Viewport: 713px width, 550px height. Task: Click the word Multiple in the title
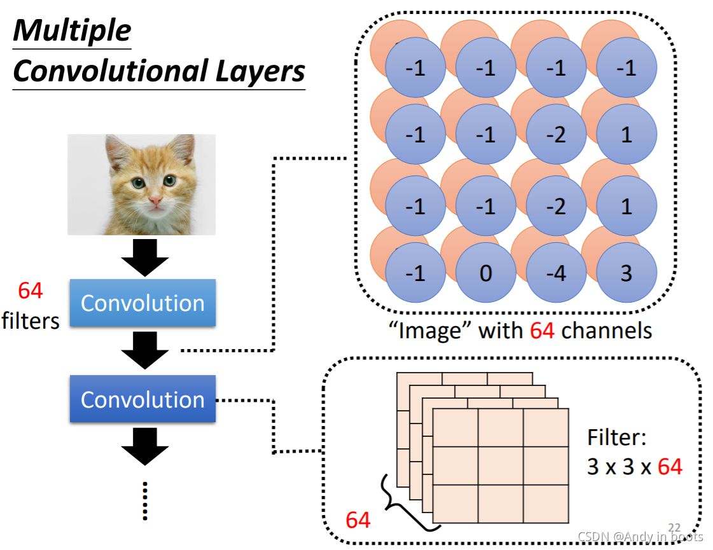click(x=72, y=31)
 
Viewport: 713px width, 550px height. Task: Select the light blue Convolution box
click(x=142, y=303)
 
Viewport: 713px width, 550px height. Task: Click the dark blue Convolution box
click(x=142, y=399)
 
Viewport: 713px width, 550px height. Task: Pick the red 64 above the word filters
click(x=31, y=291)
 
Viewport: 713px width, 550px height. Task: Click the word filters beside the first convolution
click(x=31, y=320)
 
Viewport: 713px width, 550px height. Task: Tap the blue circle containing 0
click(x=485, y=273)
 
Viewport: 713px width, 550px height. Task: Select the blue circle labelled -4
click(x=556, y=273)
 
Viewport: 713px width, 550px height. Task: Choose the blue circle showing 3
click(x=626, y=273)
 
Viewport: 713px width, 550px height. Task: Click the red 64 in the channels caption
click(x=541, y=331)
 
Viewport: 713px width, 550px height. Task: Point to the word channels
click(x=607, y=331)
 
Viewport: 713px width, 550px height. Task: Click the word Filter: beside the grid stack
click(x=616, y=438)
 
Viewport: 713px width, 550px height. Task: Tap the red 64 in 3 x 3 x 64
click(x=670, y=467)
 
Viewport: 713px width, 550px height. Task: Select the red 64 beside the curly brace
click(x=358, y=521)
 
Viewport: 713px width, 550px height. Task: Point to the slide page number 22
click(x=674, y=527)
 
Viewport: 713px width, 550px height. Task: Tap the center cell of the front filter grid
click(x=501, y=466)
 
